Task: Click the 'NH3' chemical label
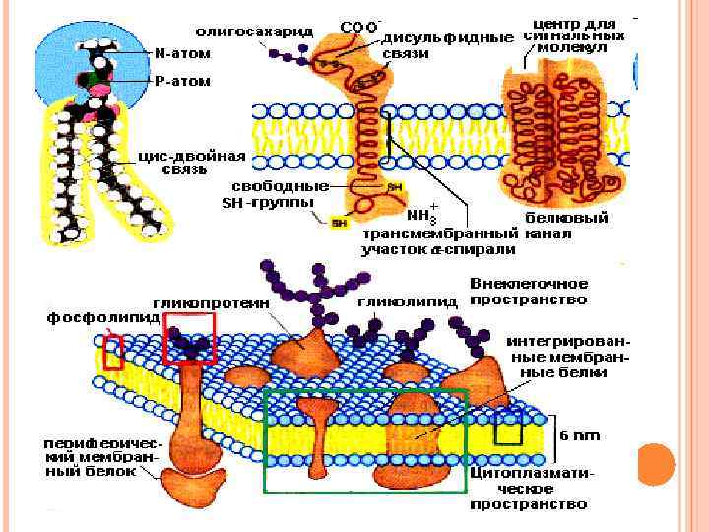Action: (421, 216)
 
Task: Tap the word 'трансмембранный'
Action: (440, 234)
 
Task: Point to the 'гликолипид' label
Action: (408, 302)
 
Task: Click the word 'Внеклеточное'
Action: (531, 284)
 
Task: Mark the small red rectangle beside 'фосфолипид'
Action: (114, 352)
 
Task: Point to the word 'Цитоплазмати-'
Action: (531, 473)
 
